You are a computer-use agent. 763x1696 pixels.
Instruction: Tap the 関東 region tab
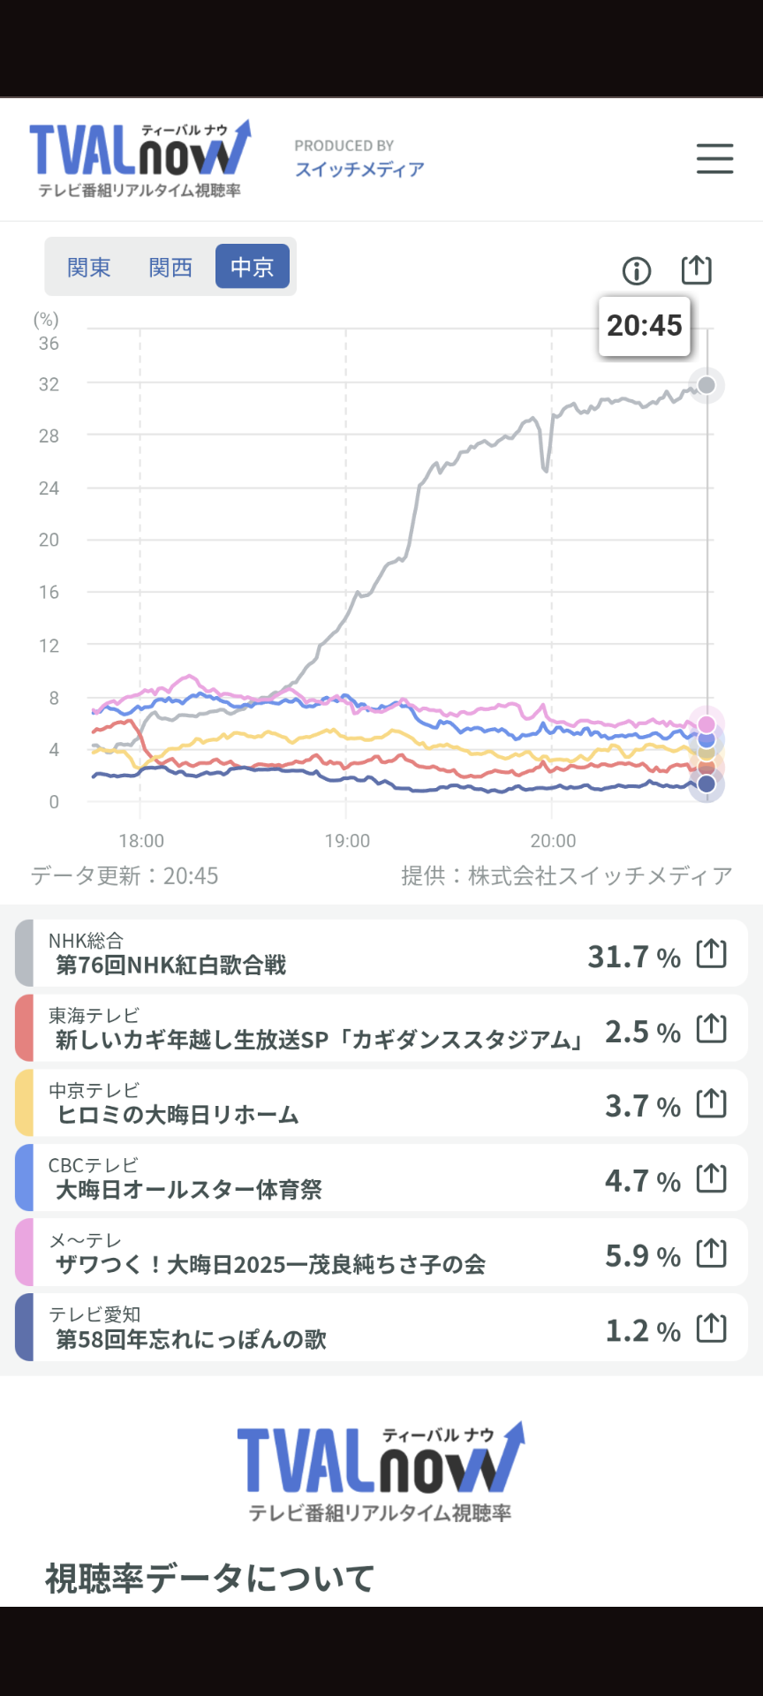tap(88, 267)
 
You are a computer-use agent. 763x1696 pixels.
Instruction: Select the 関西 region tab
tap(170, 267)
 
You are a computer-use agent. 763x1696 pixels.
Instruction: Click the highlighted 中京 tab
tap(253, 267)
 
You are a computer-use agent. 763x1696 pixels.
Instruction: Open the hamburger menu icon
tap(714, 159)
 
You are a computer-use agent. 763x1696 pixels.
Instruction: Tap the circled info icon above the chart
tap(637, 270)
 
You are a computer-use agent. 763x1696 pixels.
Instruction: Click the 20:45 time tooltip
tap(645, 326)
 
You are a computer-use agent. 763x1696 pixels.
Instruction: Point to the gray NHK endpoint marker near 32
tap(706, 385)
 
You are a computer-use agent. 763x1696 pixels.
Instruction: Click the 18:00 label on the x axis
tap(141, 841)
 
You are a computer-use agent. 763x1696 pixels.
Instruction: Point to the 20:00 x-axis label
tap(553, 841)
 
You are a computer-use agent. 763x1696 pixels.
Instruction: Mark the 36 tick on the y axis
tap(49, 344)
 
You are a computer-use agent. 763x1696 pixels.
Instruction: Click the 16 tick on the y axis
tap(49, 592)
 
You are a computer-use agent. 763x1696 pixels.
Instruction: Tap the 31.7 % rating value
tap(634, 956)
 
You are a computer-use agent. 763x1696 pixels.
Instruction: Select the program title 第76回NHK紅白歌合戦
tap(171, 965)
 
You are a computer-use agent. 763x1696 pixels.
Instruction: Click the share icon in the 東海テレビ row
tap(712, 1028)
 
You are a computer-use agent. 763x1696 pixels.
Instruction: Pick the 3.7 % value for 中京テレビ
tap(642, 1105)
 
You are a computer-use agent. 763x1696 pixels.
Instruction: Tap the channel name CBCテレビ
tap(94, 1165)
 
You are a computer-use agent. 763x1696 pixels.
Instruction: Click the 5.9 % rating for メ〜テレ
tap(642, 1255)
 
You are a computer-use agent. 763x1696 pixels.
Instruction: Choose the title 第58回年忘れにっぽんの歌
tap(192, 1339)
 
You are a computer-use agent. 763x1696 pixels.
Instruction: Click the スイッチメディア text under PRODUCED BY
tap(359, 169)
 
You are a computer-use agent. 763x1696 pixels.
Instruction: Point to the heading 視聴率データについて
tap(210, 1578)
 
